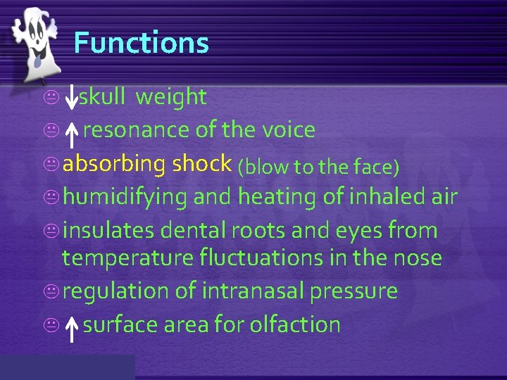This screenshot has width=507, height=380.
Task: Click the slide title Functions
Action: pyautogui.click(x=141, y=43)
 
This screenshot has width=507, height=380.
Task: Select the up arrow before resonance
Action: pyautogui.click(x=71, y=133)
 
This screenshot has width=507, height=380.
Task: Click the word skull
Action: pyautogui.click(x=101, y=97)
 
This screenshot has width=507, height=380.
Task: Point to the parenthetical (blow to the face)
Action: pyautogui.click(x=318, y=166)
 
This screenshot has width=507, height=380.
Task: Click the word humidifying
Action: pyautogui.click(x=125, y=198)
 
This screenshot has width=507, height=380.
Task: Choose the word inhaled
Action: pyautogui.click(x=384, y=197)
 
